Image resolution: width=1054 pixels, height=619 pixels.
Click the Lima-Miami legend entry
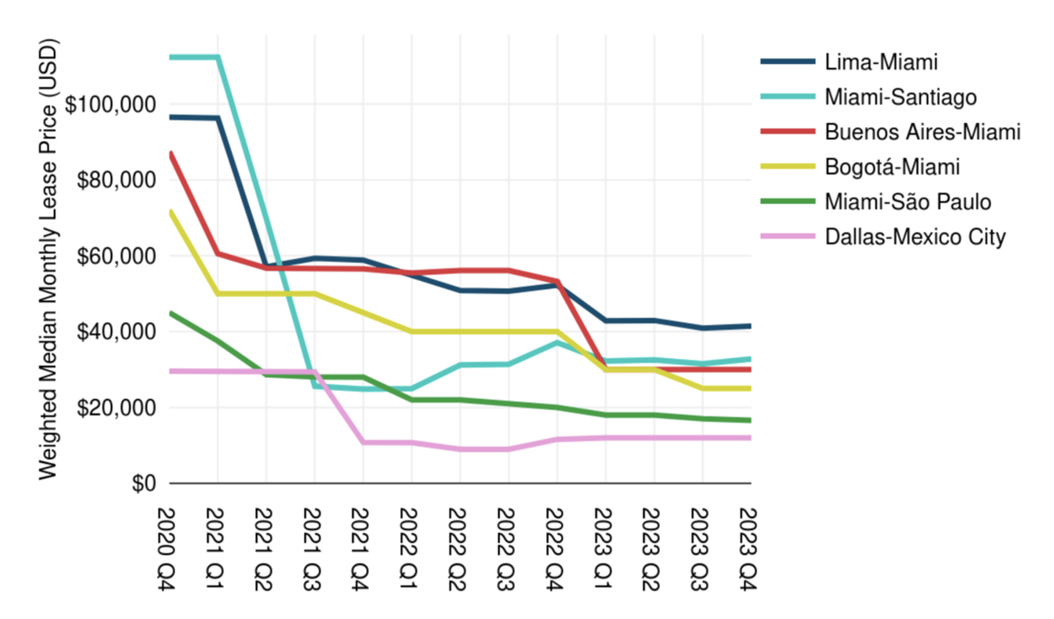point(881,62)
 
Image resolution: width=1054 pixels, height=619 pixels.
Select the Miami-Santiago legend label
point(900,97)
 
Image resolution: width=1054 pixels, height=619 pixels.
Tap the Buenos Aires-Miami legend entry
point(922,132)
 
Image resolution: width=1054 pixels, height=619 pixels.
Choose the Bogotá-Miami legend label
point(892,167)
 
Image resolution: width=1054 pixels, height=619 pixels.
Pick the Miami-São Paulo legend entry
point(907,202)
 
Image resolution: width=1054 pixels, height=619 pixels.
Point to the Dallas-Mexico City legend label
point(915,237)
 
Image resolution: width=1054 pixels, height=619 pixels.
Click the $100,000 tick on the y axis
point(111,105)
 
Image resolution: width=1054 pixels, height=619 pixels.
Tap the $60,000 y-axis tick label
point(117,256)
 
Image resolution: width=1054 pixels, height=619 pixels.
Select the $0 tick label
point(144,483)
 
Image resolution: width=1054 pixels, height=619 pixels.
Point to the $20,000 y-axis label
point(117,408)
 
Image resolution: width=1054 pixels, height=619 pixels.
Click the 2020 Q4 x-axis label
point(167,549)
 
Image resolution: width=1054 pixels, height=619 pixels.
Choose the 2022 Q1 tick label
point(409,549)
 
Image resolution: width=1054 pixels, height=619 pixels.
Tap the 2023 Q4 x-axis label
point(748,549)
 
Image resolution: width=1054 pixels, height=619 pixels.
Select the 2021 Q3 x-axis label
point(312,549)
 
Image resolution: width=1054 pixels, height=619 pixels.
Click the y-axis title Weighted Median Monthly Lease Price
point(49,259)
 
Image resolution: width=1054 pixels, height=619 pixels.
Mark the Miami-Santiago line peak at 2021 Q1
point(218,57)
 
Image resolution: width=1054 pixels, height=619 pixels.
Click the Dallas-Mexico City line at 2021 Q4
point(364,442)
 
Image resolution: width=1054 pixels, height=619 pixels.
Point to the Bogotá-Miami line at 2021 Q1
point(218,294)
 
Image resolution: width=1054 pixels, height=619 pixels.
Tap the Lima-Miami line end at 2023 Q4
point(750,326)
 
